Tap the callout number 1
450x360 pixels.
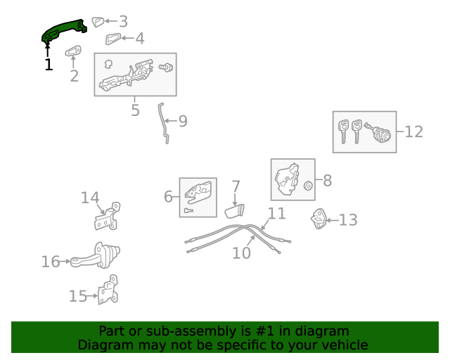click(x=48, y=65)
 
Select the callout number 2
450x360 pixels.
click(x=74, y=75)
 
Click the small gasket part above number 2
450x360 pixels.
click(x=73, y=51)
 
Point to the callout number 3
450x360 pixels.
click(x=123, y=22)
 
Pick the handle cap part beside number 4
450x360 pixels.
click(x=113, y=39)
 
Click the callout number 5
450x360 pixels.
click(x=135, y=110)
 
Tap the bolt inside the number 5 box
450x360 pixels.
click(x=167, y=68)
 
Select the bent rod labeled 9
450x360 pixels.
click(x=164, y=122)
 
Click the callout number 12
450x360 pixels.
click(x=414, y=131)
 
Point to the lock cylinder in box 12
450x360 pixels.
click(x=379, y=131)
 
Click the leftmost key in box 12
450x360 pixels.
click(x=343, y=130)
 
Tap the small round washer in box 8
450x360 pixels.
click(x=307, y=186)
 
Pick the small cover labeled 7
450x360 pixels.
click(x=233, y=210)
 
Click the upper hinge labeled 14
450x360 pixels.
click(x=107, y=216)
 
